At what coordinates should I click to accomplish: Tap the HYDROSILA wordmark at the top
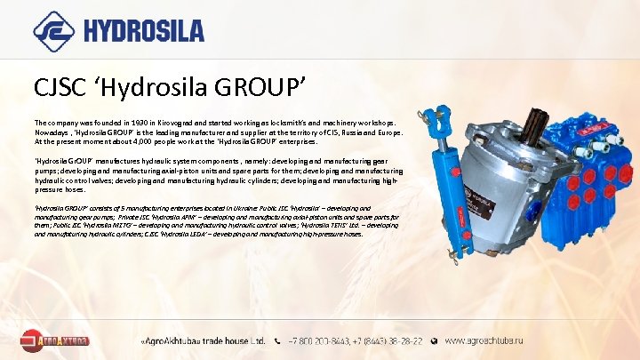pyautogui.click(x=144, y=31)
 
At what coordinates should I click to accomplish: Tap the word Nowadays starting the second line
pyautogui.click(x=52, y=132)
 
